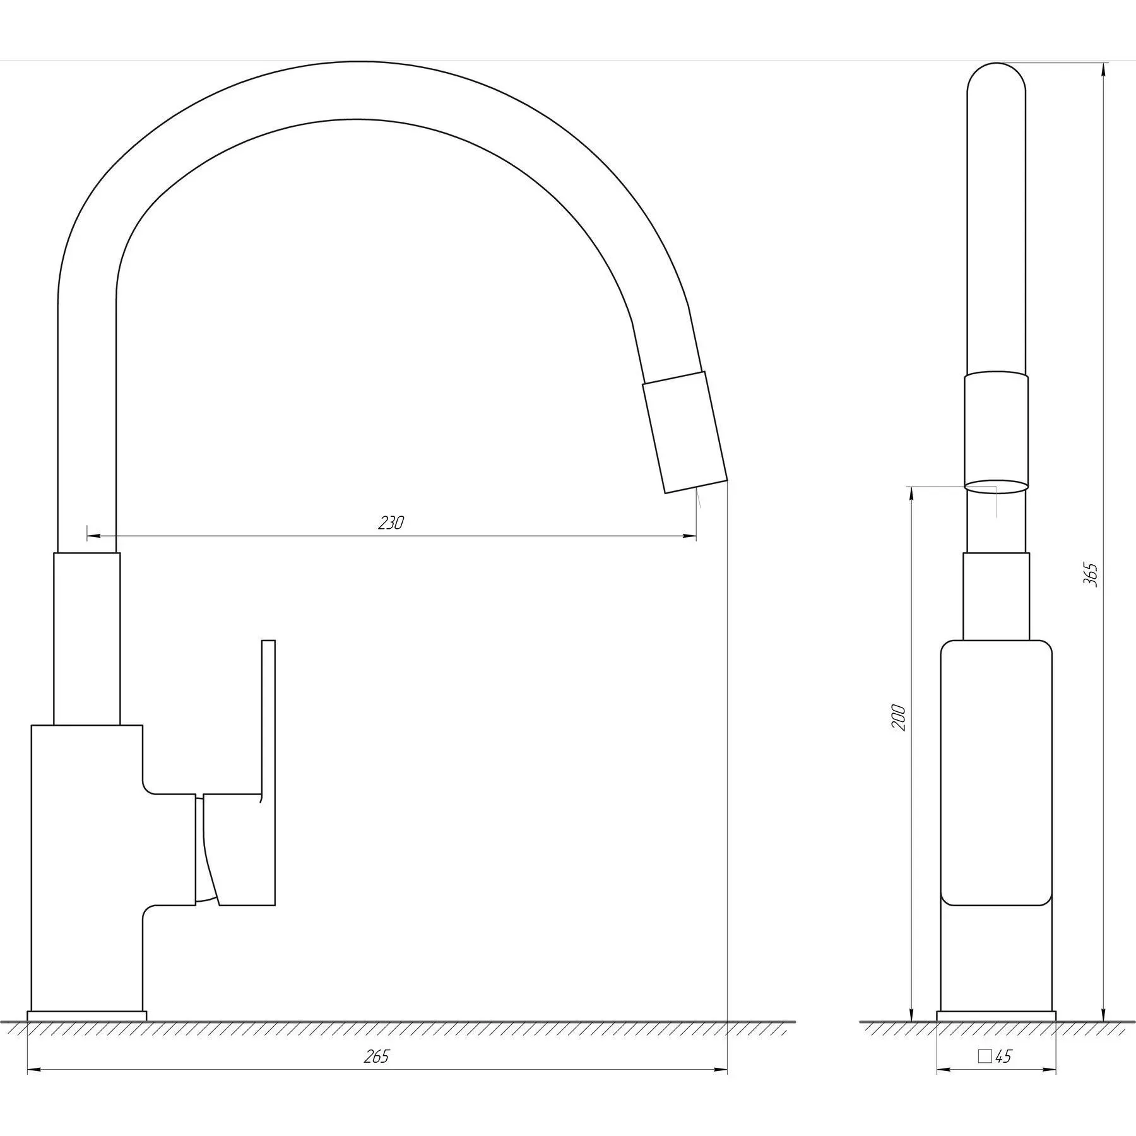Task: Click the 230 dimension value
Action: (x=391, y=523)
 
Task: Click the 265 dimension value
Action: (x=377, y=1056)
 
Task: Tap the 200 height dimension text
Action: (x=898, y=718)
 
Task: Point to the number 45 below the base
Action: (x=1003, y=1056)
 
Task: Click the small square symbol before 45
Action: (x=985, y=1056)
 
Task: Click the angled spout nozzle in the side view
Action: (x=685, y=432)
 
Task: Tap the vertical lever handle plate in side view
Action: (x=268, y=773)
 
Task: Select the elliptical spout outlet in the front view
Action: (x=997, y=486)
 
